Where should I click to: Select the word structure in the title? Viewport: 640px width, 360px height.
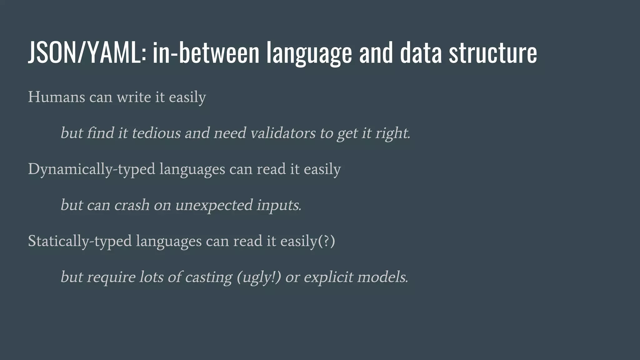coord(493,52)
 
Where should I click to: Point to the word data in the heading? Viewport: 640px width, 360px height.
coord(421,52)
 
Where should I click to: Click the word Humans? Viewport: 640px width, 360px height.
coord(57,97)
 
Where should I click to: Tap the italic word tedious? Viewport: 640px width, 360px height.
coord(156,133)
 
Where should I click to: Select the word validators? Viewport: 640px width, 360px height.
coord(283,133)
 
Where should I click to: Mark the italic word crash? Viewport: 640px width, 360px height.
coord(132,205)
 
